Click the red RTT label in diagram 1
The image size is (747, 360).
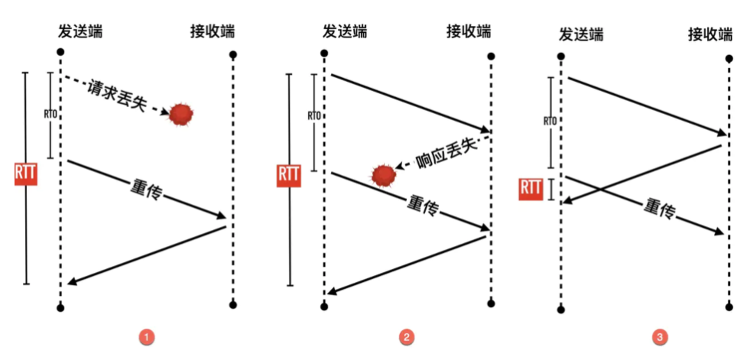(26, 174)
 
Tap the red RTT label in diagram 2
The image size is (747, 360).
(288, 174)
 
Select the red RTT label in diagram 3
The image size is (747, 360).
(531, 188)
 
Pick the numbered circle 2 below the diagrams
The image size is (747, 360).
(408, 336)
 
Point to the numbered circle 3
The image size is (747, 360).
(659, 336)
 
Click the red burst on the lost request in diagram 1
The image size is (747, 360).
(182, 114)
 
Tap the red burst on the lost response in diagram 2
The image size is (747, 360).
(384, 176)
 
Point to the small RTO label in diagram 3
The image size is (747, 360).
(549, 121)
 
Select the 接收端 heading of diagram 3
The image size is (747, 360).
(710, 34)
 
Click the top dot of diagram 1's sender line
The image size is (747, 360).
(60, 53)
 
